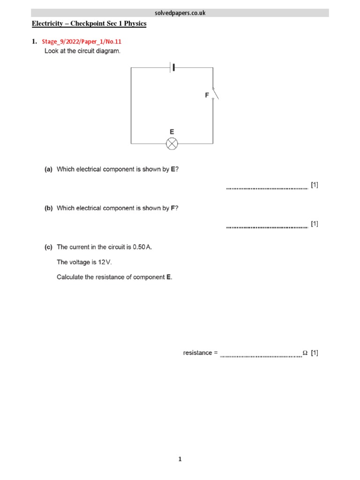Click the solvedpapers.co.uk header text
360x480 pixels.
click(x=180, y=13)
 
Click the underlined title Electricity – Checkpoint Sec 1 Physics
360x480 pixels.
click(x=89, y=23)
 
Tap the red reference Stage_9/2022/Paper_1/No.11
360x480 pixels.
click(x=82, y=42)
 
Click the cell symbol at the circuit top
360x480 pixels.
click(x=172, y=67)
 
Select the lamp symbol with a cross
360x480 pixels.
click(x=172, y=143)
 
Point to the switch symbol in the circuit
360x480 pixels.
click(x=214, y=94)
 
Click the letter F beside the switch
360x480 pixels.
click(x=207, y=95)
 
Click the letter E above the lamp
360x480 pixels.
click(x=172, y=132)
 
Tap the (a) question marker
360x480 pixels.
click(x=48, y=169)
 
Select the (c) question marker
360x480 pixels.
click(x=48, y=247)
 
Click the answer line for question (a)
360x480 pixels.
click(x=267, y=188)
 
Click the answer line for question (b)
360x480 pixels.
click(x=267, y=227)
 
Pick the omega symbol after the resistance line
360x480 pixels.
click(x=305, y=353)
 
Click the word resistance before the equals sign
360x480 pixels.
click(x=197, y=353)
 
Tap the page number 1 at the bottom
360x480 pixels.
click(x=180, y=459)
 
